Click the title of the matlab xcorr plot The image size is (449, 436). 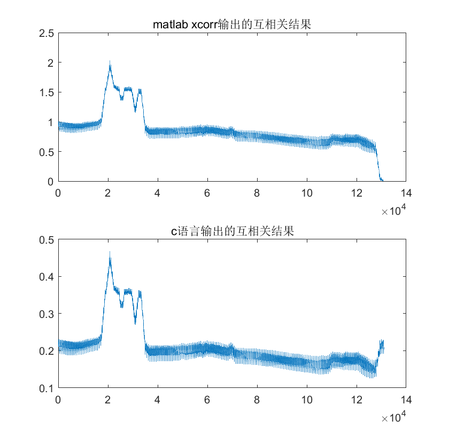click(x=231, y=25)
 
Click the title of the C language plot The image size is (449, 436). click(x=231, y=231)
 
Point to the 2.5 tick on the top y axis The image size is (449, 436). click(x=48, y=33)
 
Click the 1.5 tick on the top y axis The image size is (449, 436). click(x=48, y=92)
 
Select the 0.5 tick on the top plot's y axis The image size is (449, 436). click(x=48, y=152)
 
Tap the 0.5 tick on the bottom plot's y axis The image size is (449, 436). click(x=48, y=240)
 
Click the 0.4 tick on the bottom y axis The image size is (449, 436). click(x=48, y=277)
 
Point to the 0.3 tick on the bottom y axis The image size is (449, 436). click(x=48, y=314)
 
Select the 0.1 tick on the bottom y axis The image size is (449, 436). click(x=48, y=388)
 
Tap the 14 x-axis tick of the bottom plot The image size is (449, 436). click(x=406, y=399)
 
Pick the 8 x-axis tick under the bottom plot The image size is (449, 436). click(x=257, y=399)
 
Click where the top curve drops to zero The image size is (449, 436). click(x=382, y=180)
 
